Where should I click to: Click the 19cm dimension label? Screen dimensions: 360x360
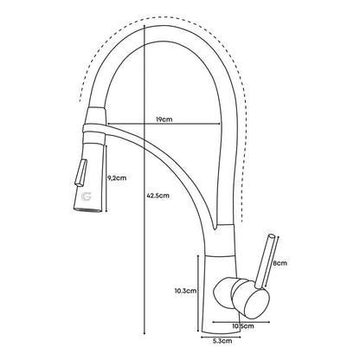click(x=164, y=119)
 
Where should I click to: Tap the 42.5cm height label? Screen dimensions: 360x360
click(x=157, y=196)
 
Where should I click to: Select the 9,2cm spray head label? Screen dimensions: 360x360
click(x=117, y=178)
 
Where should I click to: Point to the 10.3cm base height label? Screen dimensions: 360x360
click(x=185, y=291)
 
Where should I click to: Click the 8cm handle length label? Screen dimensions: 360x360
click(x=280, y=263)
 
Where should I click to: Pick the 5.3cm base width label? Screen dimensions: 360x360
click(x=222, y=341)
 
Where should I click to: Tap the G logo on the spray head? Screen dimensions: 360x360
click(x=87, y=196)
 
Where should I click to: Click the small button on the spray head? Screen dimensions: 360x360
click(x=80, y=172)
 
